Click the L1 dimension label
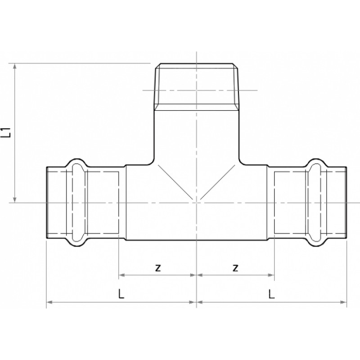pos(6,132)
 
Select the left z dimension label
pos(158,268)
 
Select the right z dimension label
pos(235,268)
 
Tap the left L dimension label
pos(121,294)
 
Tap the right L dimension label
pos(272,294)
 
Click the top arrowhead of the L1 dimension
pos(15,66)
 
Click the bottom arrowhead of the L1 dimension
pos(15,200)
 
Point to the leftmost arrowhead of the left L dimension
pos(49,302)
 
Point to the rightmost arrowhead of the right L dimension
pos(343,302)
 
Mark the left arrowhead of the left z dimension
pos(121,275)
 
